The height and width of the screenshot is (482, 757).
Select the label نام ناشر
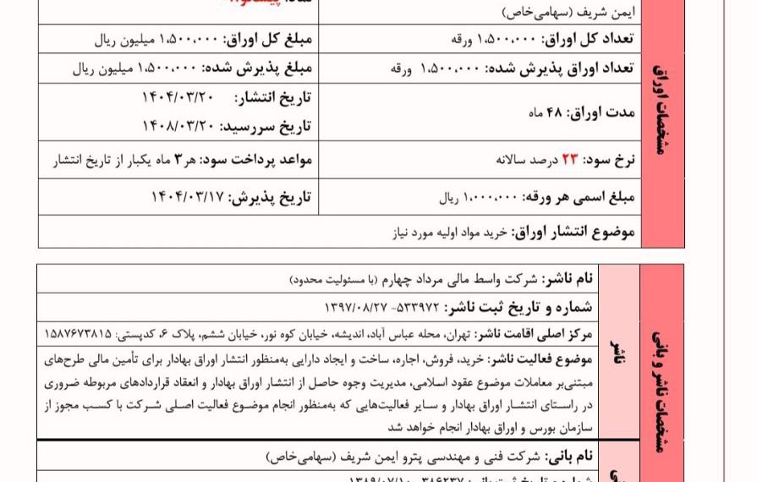coord(572,279)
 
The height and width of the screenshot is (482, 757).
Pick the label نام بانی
coord(575,456)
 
